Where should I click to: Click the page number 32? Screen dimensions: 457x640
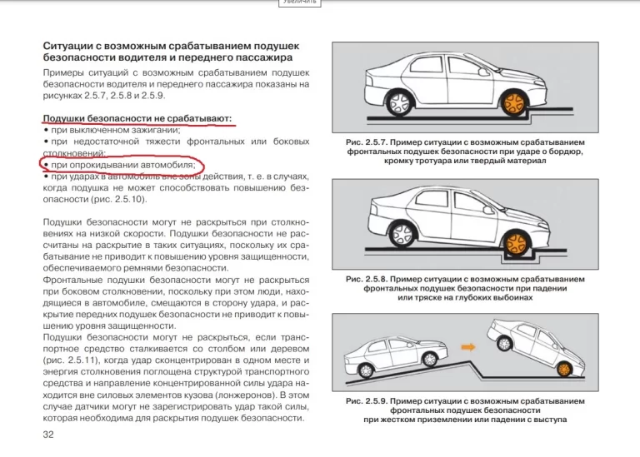point(48,435)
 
